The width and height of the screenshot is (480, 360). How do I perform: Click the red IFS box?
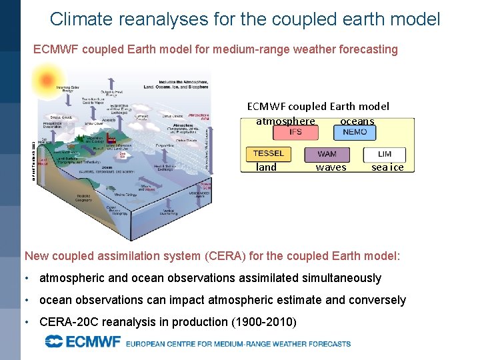tap(295, 132)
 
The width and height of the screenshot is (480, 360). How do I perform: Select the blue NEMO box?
tap(354, 132)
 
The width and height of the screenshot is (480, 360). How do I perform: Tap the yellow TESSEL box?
tap(268, 153)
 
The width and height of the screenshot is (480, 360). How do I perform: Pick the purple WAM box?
tap(327, 154)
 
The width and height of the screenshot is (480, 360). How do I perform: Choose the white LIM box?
tap(385, 154)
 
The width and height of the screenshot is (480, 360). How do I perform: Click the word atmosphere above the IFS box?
tap(285, 121)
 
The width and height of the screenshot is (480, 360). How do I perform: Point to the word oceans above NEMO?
tap(357, 121)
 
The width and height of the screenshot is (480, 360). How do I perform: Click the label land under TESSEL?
tap(266, 167)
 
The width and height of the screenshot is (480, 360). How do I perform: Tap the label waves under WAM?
tap(331, 167)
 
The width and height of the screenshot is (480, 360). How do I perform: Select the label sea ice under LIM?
tap(387, 167)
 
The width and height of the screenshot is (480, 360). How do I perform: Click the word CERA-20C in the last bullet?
tap(69, 321)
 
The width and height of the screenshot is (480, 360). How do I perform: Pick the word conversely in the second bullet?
tap(375, 300)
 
